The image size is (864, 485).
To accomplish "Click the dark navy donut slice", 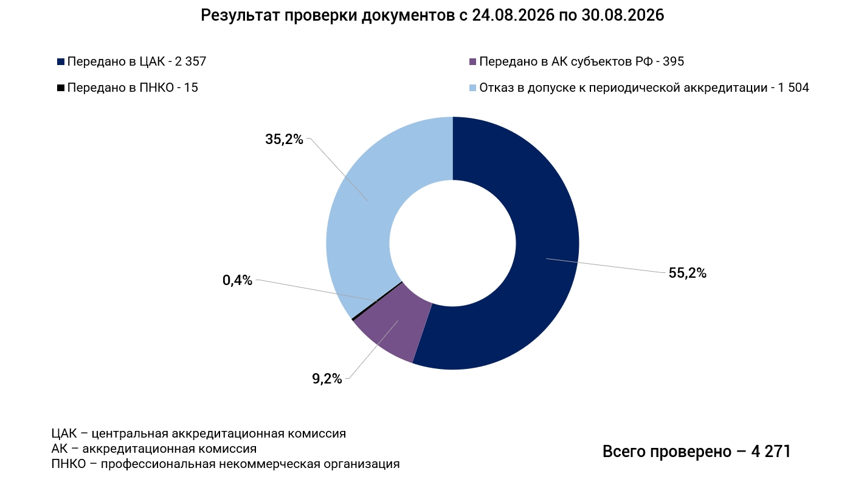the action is click(540, 270).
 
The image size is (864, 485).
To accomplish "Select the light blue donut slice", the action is click(359, 216).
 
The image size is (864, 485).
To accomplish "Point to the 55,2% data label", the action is click(687, 273).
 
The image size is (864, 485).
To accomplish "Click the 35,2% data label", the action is click(284, 139).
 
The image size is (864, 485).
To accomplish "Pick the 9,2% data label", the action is click(327, 379).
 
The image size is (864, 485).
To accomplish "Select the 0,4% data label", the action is click(237, 280).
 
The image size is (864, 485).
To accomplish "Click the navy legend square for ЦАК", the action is click(61, 61).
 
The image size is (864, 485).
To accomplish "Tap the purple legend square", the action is click(472, 61).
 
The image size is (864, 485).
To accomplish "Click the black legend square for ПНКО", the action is click(61, 88).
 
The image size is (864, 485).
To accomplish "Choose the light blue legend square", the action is click(472, 88).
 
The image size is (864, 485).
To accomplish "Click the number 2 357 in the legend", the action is click(190, 61).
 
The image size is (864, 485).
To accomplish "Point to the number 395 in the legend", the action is click(674, 61).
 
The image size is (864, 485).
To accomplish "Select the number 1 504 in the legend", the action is click(793, 88).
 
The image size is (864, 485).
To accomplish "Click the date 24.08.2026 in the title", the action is click(513, 15).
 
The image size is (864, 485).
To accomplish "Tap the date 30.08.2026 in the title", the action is click(623, 15).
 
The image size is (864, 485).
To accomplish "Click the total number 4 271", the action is click(770, 452).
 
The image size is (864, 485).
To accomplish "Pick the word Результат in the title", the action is click(241, 16).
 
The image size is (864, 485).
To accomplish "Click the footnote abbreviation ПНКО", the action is click(68, 464).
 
